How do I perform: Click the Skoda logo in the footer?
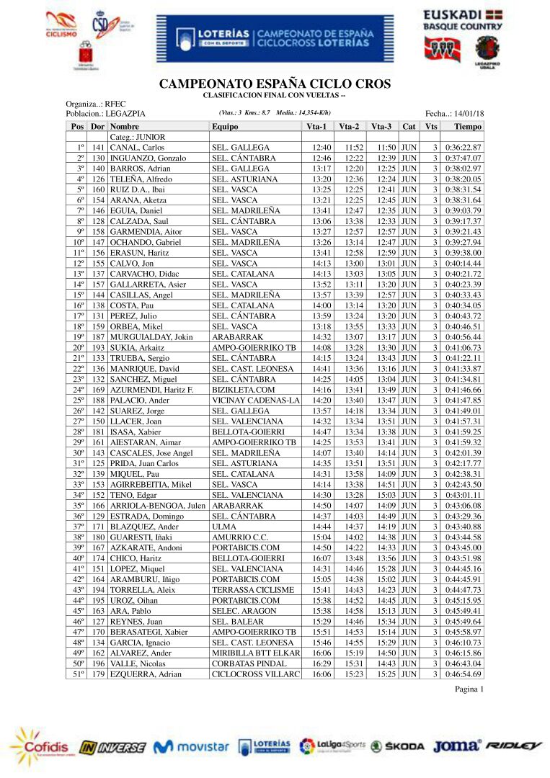397,746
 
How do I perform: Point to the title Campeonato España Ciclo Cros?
275,84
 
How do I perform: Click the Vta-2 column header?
349,126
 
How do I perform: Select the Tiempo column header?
468,126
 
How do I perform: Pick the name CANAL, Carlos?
137,147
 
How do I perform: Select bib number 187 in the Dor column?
99,337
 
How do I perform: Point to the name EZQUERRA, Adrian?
146,674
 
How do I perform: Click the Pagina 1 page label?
469,689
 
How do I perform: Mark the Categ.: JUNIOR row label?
137,137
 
